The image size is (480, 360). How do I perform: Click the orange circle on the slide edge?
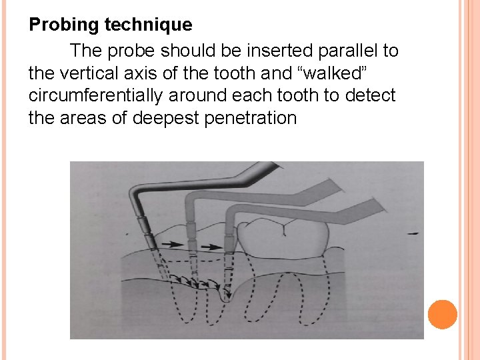442,314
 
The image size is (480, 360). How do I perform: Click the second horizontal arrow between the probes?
210,247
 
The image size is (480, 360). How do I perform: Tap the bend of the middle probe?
189,198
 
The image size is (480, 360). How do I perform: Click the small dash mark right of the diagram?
414,234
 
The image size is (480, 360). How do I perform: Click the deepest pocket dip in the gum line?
225,297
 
